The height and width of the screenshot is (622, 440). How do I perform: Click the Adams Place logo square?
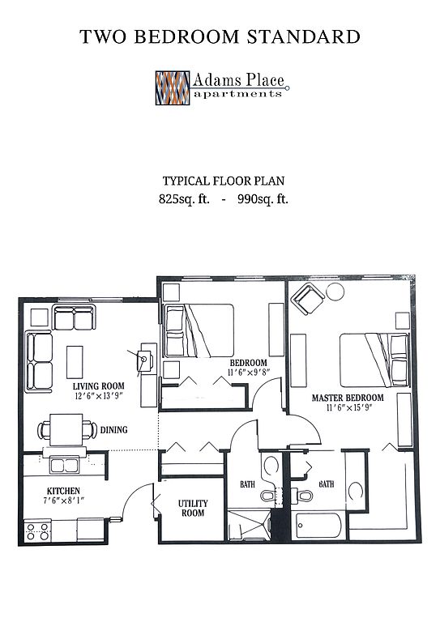tap(172, 87)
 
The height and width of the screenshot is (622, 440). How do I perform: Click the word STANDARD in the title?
tap(304, 36)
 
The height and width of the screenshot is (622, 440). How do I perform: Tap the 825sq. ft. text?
tap(184, 198)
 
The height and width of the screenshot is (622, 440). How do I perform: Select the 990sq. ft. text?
tap(263, 198)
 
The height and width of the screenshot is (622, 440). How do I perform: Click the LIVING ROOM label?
tap(98, 386)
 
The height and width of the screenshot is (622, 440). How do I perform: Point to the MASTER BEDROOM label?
tap(348, 398)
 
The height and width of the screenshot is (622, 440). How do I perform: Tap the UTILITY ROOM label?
tap(193, 508)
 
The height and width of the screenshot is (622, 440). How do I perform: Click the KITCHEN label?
tap(63, 491)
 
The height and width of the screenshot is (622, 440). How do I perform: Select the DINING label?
tap(114, 429)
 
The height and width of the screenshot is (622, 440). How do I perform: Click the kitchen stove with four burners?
tap(38, 531)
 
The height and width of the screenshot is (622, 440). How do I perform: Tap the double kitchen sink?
tap(64, 466)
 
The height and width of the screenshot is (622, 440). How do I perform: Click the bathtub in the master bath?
tap(319, 525)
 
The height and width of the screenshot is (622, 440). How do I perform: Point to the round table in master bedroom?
tap(335, 292)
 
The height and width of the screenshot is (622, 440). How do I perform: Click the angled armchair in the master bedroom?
tap(307, 299)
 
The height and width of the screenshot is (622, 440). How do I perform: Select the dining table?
tap(66, 429)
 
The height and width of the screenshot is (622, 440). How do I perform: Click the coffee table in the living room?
tap(75, 362)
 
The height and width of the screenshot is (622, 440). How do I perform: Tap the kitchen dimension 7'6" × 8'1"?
tap(63, 501)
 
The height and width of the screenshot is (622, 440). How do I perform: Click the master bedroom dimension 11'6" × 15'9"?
tap(348, 408)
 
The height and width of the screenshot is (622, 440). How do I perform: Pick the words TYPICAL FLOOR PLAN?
tap(224, 181)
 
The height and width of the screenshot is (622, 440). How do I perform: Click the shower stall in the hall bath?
tap(250, 525)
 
